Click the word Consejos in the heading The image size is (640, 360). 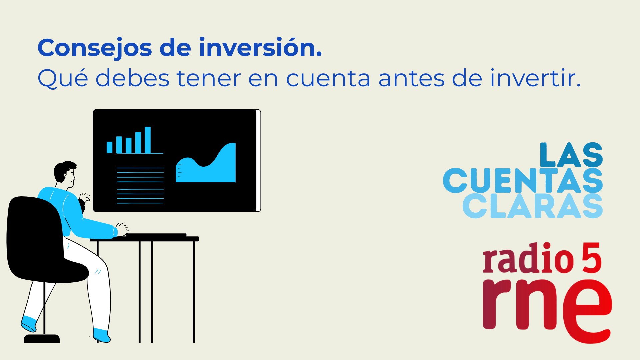pos(95,48)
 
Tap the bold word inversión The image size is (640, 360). pos(260,47)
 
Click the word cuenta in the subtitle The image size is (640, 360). pos(328,79)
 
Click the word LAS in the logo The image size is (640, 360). pos(571,155)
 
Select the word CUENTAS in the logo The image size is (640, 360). pos(523,180)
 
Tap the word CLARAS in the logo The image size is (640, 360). pos(533,206)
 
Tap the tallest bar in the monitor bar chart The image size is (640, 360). pos(148,140)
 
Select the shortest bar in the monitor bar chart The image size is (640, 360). pos(109,147)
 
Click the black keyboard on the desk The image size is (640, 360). pos(156,235)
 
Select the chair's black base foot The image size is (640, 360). pos(42,339)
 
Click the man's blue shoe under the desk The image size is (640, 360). pos(101,335)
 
